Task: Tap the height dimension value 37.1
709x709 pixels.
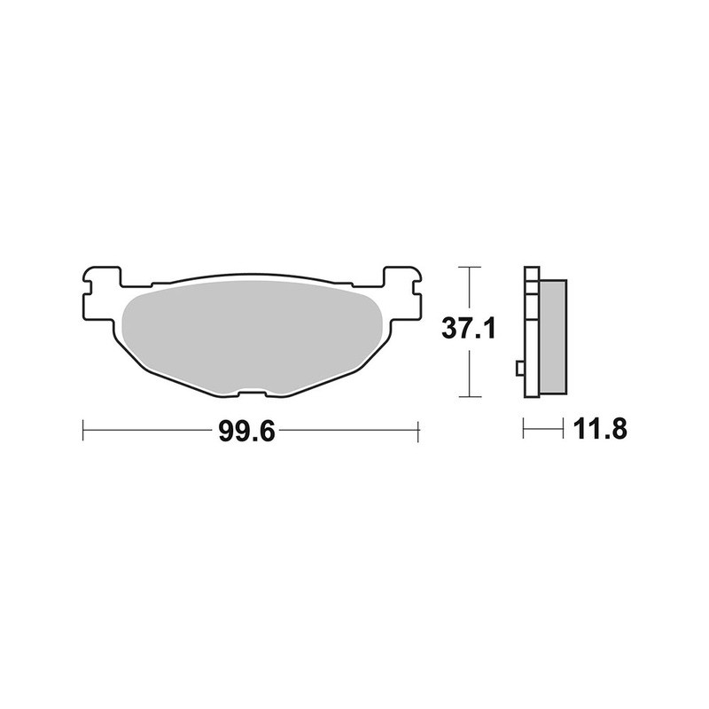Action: [x=469, y=331]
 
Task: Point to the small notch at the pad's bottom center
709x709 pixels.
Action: [x=250, y=393]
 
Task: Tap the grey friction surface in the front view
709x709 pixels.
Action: [x=250, y=332]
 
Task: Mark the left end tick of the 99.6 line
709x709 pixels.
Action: [x=82, y=432]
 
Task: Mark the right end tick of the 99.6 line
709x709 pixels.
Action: [x=417, y=432]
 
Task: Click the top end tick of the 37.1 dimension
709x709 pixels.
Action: [x=469, y=267]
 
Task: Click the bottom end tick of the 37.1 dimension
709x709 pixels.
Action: [x=469, y=395]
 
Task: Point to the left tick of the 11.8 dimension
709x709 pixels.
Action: [x=524, y=431]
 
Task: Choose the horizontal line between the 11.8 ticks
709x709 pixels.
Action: [x=543, y=431]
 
